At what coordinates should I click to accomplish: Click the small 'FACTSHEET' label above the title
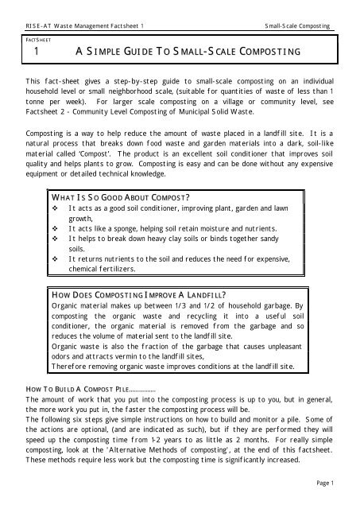pyautogui.click(x=33, y=39)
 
